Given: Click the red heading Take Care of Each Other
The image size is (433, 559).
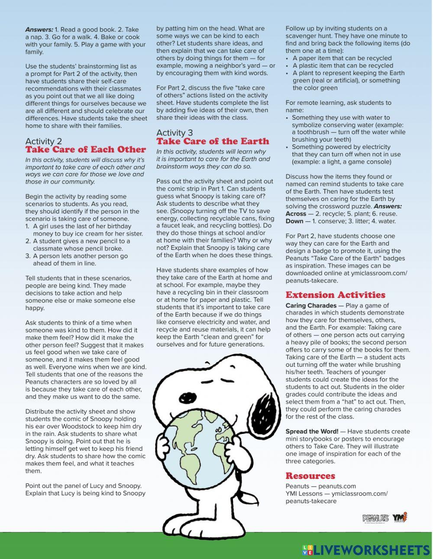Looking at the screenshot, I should coord(85,150).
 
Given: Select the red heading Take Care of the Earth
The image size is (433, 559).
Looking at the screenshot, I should coord(213,142).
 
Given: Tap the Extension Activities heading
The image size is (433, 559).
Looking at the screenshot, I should coord(335,295).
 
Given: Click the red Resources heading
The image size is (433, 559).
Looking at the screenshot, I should coord(310,476).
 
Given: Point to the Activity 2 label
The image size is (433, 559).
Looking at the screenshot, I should coord(43,142).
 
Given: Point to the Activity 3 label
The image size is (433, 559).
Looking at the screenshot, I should coord(174,133).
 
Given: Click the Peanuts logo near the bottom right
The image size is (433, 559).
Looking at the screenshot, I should coord(375,518).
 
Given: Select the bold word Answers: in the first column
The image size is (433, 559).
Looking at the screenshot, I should coord(39,30).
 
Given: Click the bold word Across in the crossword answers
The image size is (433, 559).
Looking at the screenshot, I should coord(296,214).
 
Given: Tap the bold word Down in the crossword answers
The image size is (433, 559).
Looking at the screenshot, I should coord(294,221).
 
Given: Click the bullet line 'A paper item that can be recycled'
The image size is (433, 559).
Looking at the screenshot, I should coord(342,58).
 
